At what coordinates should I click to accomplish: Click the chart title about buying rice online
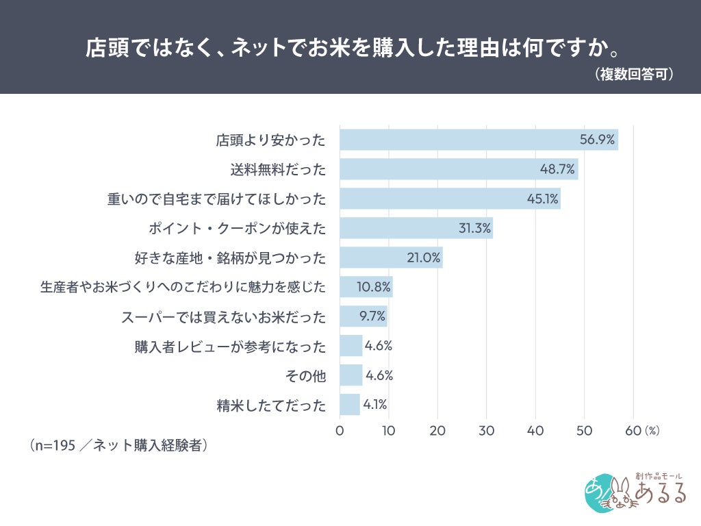coord(353,47)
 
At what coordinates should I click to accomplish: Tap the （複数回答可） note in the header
coord(633,74)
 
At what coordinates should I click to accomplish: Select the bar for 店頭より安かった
coord(479,140)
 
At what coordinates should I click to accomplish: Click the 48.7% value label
coord(557,169)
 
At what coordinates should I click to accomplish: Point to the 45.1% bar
coord(450,199)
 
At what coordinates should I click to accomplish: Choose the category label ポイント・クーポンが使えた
coord(238,229)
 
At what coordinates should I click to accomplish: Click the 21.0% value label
coord(423,258)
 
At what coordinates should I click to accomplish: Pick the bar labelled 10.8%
coord(366,287)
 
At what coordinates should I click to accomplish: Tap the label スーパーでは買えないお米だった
coord(224,317)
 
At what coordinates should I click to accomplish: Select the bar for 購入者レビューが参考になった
coord(351,346)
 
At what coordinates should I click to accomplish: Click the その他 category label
coord(306,376)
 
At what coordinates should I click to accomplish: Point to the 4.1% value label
coord(375,405)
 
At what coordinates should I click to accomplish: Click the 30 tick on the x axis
coord(487,431)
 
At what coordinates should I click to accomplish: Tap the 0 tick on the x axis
coord(340,431)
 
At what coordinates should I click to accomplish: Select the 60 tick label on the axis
coord(633,431)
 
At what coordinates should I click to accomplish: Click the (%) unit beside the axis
coord(652,431)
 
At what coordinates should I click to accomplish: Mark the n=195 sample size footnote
coord(118,445)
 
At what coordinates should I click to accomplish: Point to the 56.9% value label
coord(597,140)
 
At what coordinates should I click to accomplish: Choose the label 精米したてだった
coord(271,405)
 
